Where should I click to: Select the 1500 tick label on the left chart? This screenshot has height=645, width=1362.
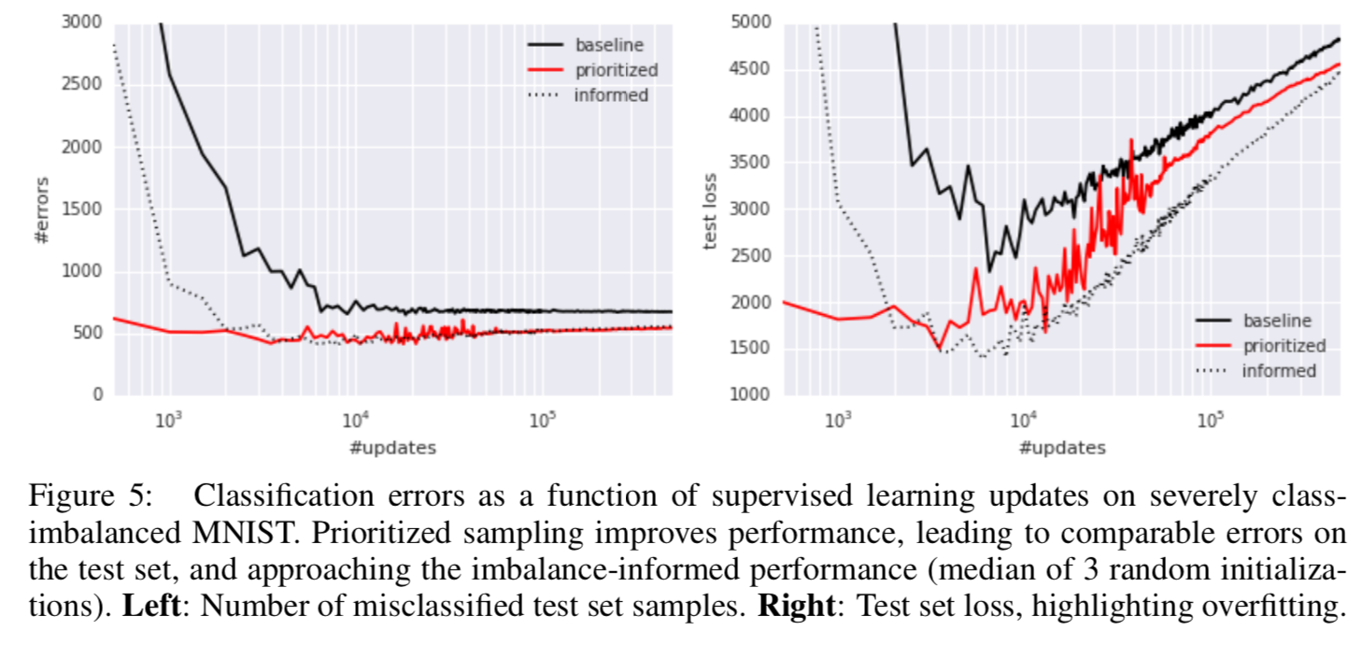(82, 208)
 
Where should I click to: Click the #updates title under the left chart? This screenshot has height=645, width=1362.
(391, 448)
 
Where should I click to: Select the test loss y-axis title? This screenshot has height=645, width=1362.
(711, 210)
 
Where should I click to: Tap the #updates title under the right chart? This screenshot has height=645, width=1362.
(1062, 448)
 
